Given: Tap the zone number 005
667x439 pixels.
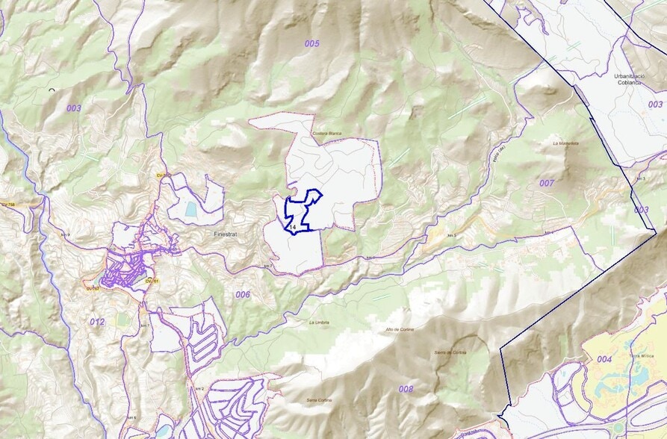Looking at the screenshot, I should (311, 44).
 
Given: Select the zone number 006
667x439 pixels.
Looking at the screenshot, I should (243, 295).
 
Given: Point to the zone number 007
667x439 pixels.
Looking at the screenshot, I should (547, 183).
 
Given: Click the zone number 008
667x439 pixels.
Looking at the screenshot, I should (406, 389).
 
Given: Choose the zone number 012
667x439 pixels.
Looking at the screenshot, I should (97, 322).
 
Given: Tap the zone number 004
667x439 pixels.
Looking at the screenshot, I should (604, 360).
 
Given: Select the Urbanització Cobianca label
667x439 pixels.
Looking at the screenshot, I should (628, 79).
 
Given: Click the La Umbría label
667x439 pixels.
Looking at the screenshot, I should (319, 323).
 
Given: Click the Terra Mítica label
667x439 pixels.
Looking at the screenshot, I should (643, 358).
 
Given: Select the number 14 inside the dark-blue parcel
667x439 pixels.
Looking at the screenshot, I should (293, 225).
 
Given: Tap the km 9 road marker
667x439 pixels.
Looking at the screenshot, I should (66, 234).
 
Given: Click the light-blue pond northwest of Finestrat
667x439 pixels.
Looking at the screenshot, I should (191, 210).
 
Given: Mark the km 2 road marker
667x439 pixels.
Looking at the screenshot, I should (199, 389).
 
